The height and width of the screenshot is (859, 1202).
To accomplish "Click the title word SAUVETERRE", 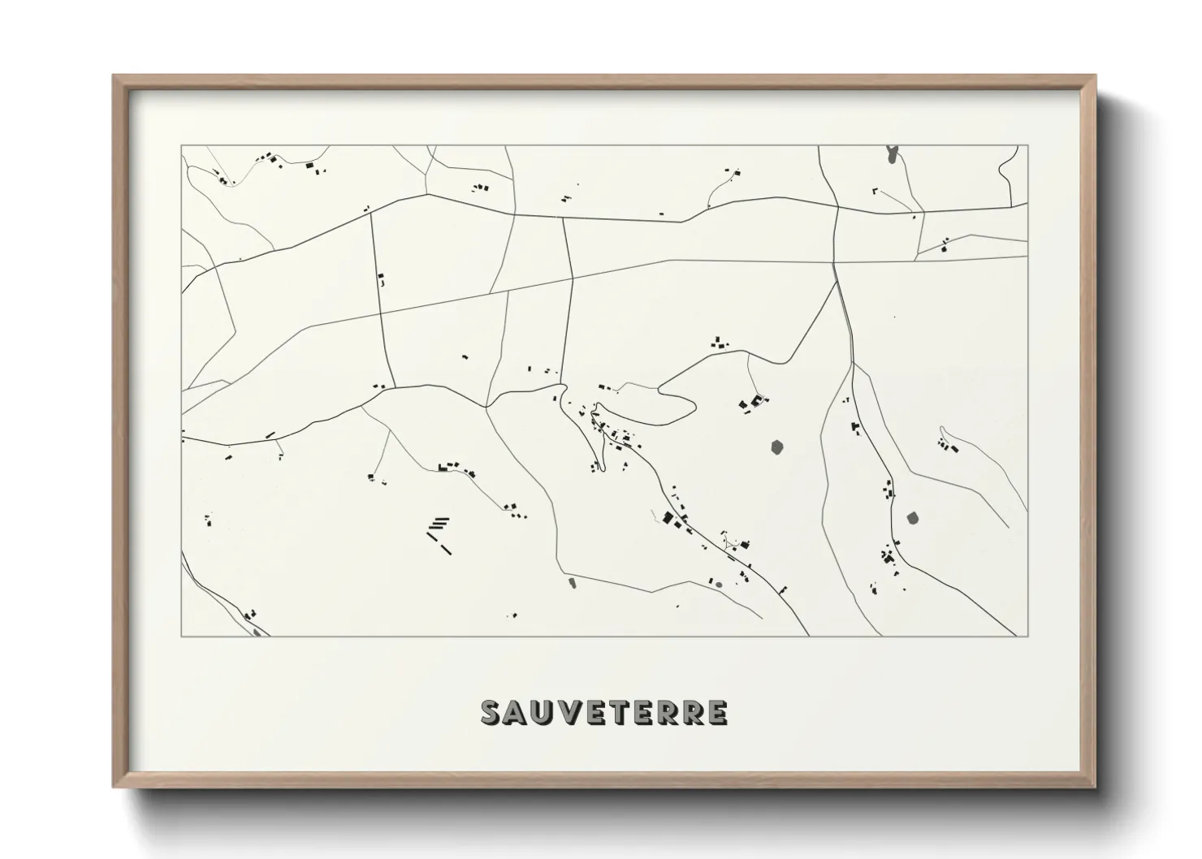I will point(604,712).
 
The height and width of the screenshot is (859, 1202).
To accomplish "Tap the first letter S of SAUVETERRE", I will point(491,712).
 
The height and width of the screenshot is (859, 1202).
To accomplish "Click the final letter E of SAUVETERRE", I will point(716,712).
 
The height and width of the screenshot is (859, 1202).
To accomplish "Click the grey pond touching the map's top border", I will point(893,153).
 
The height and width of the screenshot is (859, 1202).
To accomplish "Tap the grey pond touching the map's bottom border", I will point(258,632).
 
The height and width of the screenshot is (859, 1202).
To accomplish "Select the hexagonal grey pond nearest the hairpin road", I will point(777,447).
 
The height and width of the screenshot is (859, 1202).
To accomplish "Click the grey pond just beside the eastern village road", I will point(912,517).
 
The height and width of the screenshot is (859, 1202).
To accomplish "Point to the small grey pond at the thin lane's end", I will point(571,581).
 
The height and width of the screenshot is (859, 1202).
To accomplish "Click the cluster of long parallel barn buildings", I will point(439,532).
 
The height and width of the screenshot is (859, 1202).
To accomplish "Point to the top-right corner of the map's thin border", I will point(1027,145).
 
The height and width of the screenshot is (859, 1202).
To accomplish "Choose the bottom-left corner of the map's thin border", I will point(181,637).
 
